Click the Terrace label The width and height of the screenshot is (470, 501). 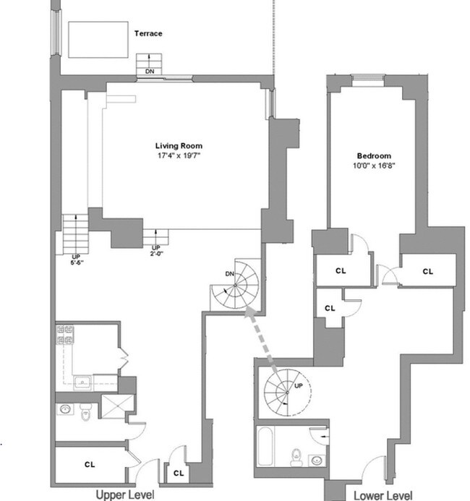pos(148,33)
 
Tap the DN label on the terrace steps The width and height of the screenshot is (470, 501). pos(149,71)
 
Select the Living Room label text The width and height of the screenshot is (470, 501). pos(176,145)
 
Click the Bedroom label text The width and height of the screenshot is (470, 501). pos(374,155)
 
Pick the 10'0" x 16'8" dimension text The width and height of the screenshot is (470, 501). pos(374,166)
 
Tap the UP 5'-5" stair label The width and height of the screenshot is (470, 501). pos(76,258)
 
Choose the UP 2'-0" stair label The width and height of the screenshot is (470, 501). pos(156,251)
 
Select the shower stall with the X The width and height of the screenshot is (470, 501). pos(113,408)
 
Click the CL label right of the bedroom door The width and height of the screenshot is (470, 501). pos(427,272)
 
